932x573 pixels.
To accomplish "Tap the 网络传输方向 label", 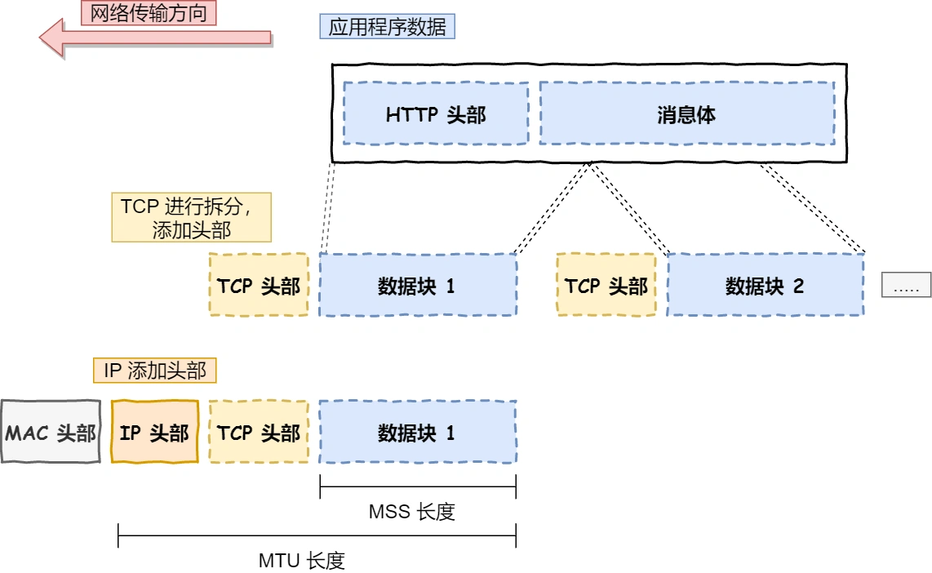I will (x=149, y=12).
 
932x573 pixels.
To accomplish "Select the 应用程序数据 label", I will (x=387, y=27).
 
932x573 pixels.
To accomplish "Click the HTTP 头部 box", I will (x=436, y=113).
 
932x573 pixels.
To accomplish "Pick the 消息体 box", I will (x=686, y=113).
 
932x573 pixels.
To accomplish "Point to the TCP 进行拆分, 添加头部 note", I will (x=191, y=218).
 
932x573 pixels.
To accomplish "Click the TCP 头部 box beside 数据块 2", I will (x=606, y=285).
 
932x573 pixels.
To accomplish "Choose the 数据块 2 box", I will (x=765, y=285).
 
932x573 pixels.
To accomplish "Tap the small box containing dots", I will (x=906, y=285).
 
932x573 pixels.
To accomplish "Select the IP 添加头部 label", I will (x=154, y=371).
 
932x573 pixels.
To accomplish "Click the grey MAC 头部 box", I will (x=51, y=432).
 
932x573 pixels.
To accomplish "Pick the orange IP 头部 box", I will (x=154, y=432).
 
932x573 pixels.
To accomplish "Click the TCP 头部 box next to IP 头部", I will (x=259, y=432).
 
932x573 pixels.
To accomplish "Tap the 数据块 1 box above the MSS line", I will (x=417, y=432).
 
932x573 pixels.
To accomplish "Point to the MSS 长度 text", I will (x=411, y=512).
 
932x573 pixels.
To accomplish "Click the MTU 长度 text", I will (x=302, y=560).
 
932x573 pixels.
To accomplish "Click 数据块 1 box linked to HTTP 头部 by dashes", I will (x=417, y=285).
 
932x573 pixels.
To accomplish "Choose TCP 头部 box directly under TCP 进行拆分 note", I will (x=259, y=285).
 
